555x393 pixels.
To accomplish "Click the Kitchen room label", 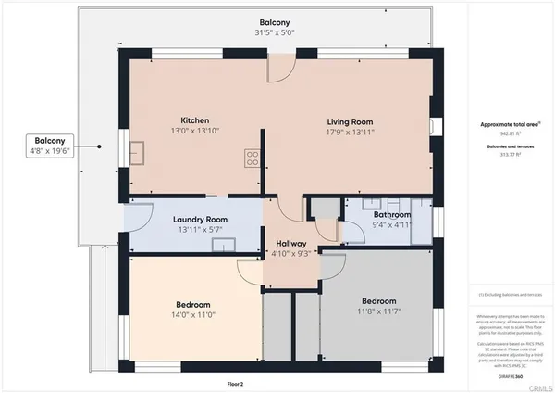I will [x=194, y=120].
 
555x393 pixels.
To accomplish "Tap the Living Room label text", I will [x=350, y=121].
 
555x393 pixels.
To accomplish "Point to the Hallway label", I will [x=290, y=242].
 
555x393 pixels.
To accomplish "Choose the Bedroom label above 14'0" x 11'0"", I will [x=193, y=304].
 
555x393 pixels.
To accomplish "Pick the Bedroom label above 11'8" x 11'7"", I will [x=378, y=301].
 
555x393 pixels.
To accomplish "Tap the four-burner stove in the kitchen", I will [x=251, y=158].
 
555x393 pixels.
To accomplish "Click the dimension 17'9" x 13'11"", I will [x=350, y=133].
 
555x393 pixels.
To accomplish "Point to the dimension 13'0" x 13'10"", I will [x=194, y=133].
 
